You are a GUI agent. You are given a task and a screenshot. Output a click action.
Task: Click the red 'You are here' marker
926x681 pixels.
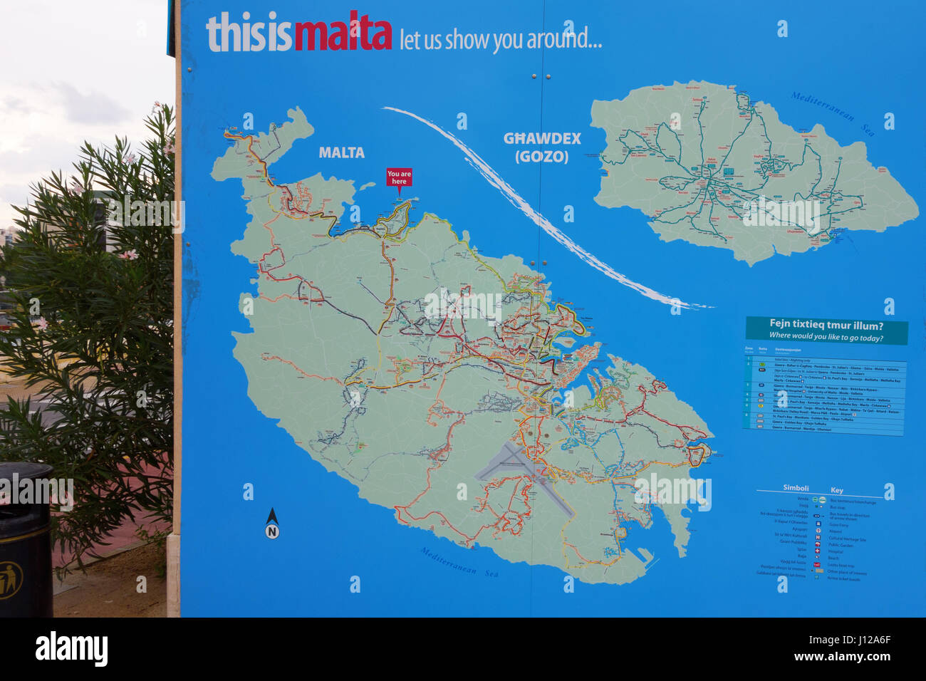(x=399, y=177)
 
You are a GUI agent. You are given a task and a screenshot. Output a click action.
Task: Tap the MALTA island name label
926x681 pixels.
(x=341, y=152)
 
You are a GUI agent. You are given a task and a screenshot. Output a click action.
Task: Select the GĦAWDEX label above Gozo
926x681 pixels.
(x=542, y=139)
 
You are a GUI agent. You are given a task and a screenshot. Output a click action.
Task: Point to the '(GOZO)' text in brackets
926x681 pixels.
(x=542, y=157)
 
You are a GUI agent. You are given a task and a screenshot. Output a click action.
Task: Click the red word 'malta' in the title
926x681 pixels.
(x=343, y=34)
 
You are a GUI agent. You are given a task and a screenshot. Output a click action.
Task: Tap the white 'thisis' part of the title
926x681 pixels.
(x=249, y=34)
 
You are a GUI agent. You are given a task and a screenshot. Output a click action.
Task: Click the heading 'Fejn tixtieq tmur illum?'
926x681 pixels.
(x=826, y=325)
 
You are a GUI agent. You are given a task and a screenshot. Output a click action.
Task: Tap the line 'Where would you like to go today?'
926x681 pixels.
(x=826, y=337)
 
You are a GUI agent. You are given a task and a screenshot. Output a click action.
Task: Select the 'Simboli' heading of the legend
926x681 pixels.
(x=796, y=489)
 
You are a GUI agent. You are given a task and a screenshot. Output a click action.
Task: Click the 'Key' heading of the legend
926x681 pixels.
(x=837, y=490)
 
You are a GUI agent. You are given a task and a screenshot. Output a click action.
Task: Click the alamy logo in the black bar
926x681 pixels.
(x=71, y=650)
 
